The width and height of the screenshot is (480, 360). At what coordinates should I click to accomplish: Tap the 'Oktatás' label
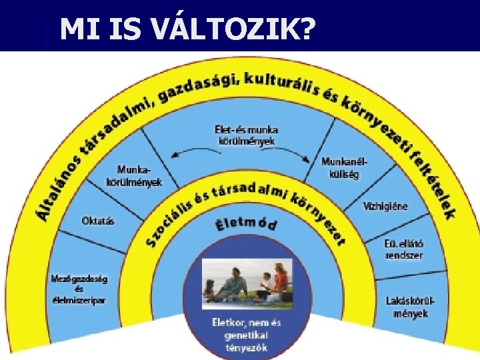point(97,220)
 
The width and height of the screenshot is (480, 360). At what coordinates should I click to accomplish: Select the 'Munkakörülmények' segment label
point(134,176)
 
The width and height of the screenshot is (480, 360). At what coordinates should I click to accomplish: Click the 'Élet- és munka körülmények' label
point(246,135)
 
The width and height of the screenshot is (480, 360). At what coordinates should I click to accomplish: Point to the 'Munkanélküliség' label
point(345,168)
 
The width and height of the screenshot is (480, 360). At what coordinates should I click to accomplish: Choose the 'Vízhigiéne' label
point(385,206)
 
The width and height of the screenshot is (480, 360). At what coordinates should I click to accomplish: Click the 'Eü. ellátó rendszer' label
point(404,248)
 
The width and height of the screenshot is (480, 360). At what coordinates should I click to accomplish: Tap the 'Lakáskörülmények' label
point(411,307)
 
